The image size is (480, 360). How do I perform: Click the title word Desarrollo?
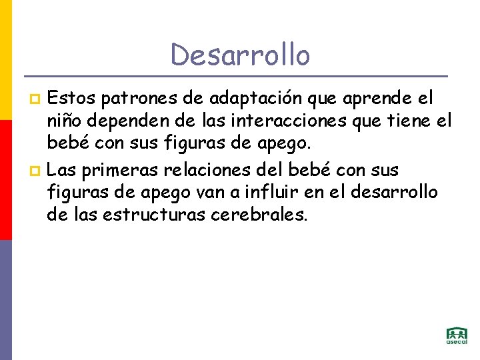(240, 55)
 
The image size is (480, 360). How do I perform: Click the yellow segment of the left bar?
(5, 60)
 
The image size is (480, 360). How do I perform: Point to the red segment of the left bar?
(5, 180)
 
